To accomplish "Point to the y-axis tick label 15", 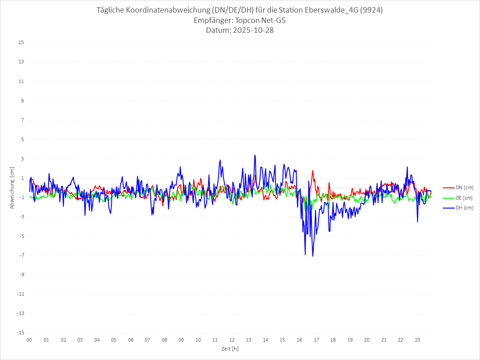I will [x=21, y=43].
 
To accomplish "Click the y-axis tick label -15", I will [x=20, y=333].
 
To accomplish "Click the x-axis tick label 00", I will [x=29, y=340].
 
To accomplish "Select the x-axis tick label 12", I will [x=232, y=340].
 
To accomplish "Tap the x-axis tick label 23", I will [x=418, y=340].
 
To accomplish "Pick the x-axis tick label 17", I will [x=316, y=340].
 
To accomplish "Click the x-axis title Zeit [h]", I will [x=230, y=348].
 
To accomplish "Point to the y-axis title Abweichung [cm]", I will [x=13, y=188].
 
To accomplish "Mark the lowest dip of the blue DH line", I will [x=313, y=256].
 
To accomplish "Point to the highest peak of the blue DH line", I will [x=255, y=156].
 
